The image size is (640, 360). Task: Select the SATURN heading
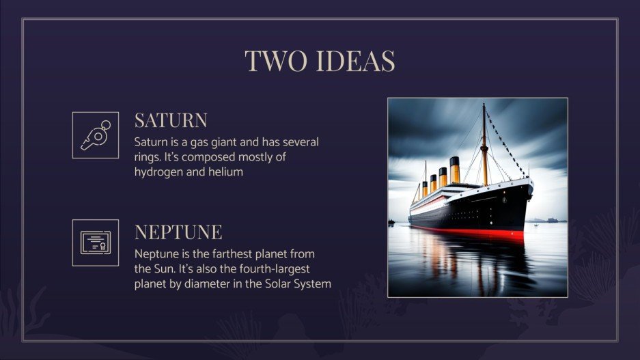[171, 121]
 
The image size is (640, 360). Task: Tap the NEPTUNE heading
[178, 232]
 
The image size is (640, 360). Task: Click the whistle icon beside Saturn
[96, 135]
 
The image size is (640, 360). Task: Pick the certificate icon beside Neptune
[96, 243]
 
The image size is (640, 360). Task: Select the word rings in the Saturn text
[150, 158]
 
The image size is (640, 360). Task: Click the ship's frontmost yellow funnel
[454, 171]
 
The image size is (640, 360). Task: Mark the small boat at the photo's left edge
[391, 222]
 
